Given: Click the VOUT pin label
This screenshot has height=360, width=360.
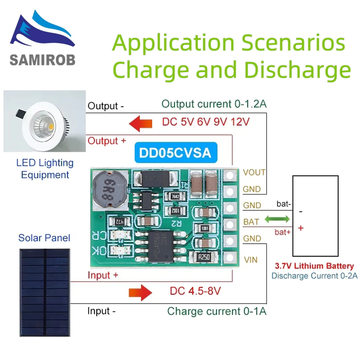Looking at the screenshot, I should (x=255, y=172).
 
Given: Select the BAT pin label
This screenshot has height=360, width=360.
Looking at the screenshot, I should (x=251, y=222).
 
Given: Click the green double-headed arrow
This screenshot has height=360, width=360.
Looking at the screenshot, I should (x=277, y=219).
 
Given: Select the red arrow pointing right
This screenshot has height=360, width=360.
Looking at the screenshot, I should (x=141, y=292).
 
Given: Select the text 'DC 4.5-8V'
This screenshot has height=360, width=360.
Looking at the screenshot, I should (x=195, y=291).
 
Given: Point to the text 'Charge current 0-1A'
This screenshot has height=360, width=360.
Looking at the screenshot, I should (x=217, y=311).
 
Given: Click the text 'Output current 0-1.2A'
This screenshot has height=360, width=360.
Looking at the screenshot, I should (x=214, y=104).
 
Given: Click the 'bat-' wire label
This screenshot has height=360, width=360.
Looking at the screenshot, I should (x=283, y=204).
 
